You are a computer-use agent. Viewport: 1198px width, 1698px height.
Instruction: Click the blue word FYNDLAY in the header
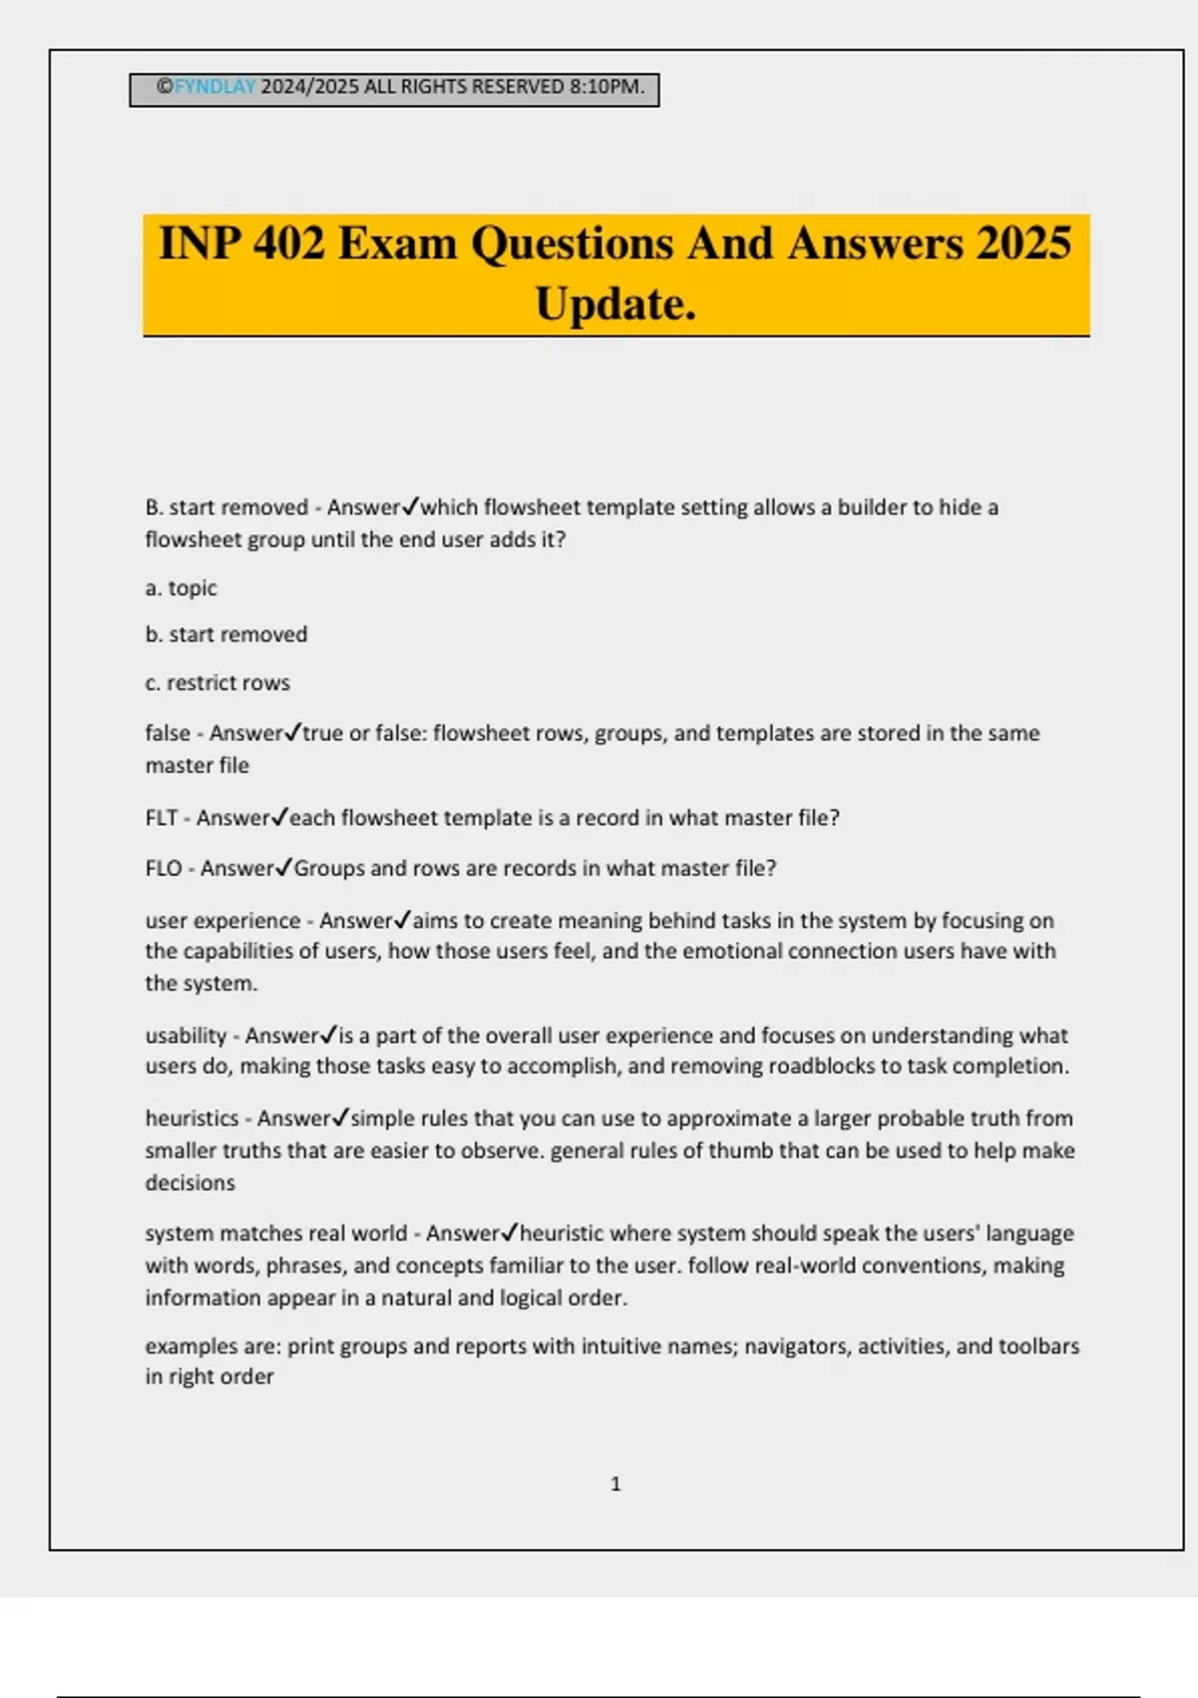[215, 87]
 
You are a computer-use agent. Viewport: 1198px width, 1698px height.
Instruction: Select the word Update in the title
[614, 304]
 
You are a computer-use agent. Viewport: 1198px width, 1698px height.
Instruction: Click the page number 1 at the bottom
[615, 1484]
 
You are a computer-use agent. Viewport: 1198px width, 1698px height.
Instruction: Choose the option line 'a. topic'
[181, 588]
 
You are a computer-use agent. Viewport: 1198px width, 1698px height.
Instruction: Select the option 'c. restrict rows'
[218, 683]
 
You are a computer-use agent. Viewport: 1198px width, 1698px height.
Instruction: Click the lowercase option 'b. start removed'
[226, 635]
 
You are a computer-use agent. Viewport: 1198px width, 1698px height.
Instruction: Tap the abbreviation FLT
[161, 818]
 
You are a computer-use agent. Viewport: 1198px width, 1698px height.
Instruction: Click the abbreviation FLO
[163, 869]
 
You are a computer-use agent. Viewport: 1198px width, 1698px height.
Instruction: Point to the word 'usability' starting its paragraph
[186, 1036]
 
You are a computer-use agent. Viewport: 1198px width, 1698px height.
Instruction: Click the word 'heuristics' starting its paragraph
[192, 1119]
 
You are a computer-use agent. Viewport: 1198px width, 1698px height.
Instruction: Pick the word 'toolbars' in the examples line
[1038, 1346]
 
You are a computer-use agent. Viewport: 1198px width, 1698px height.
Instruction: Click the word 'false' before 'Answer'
[167, 733]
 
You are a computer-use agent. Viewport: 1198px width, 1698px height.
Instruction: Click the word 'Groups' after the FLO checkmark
[328, 869]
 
